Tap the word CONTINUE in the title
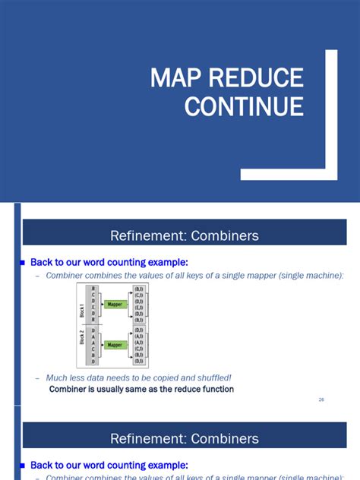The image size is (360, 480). click(244, 106)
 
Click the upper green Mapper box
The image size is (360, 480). click(115, 305)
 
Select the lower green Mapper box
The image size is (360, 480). click(115, 345)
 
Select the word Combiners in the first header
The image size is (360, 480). click(224, 235)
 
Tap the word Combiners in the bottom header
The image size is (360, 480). click(224, 439)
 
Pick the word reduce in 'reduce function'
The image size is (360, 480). click(176, 390)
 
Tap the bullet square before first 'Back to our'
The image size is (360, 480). click(23, 262)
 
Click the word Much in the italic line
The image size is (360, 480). click(58, 377)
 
